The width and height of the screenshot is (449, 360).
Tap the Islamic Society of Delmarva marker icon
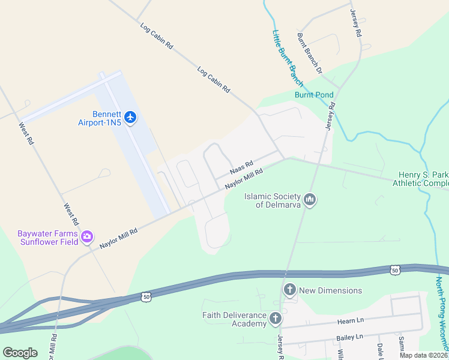309,200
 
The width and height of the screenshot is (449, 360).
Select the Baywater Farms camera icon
88,237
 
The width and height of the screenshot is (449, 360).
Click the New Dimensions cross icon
289,290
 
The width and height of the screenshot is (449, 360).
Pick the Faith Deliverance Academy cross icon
276,319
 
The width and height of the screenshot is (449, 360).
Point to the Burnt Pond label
314,95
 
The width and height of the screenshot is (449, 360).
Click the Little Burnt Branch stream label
288,58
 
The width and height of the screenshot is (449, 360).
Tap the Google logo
20,353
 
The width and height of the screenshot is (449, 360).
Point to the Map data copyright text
424,355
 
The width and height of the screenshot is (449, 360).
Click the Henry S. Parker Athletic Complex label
424,179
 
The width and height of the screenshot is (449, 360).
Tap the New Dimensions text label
331,290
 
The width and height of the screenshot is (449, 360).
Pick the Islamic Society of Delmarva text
273,200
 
